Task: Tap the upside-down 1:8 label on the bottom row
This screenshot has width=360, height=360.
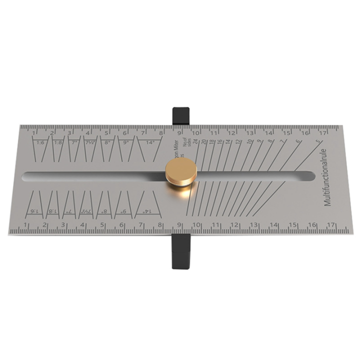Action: pos(52,211)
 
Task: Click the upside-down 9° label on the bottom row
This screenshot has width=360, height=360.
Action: pos(123,211)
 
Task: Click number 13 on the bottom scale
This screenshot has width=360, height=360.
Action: pos(254,225)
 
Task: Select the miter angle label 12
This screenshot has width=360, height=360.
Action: pos(238,142)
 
